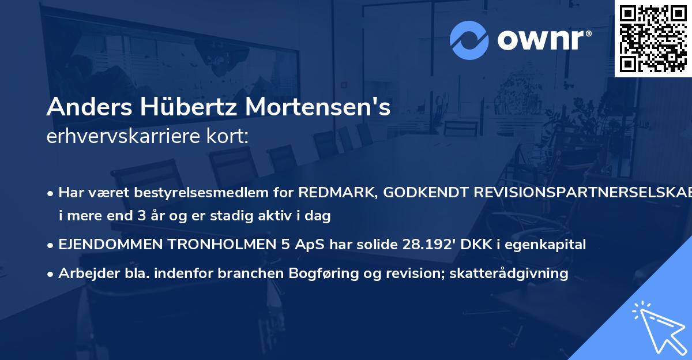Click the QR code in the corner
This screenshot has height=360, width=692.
coord(653,39)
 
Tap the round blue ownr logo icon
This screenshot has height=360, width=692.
coord(469,40)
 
